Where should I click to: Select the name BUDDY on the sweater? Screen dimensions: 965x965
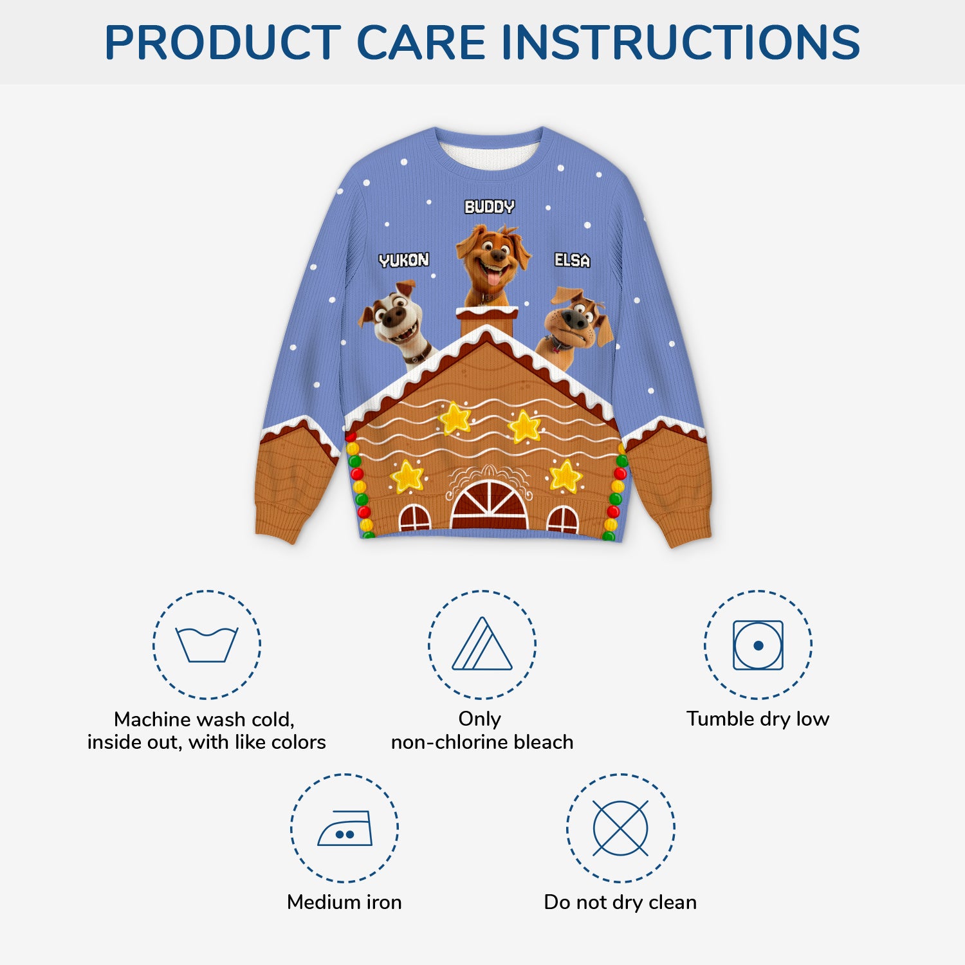coord(490,207)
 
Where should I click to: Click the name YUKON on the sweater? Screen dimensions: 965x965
coord(403,260)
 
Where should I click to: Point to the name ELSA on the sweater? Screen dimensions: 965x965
coord(572,260)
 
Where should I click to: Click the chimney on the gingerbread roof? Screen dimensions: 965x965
coord(487,320)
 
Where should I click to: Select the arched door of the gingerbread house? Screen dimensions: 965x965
coord(489,505)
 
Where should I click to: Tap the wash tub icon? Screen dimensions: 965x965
coord(207,644)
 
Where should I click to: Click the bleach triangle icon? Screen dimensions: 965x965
coord(482,645)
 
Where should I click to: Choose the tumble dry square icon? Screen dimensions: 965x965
coord(758,645)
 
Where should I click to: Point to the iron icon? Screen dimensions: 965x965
coord(345,828)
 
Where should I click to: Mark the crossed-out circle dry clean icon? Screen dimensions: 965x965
coord(620,828)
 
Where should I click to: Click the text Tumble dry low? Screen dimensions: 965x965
coord(758,719)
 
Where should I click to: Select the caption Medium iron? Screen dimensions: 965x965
coord(344,902)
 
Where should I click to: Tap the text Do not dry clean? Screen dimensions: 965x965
coord(620,902)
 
